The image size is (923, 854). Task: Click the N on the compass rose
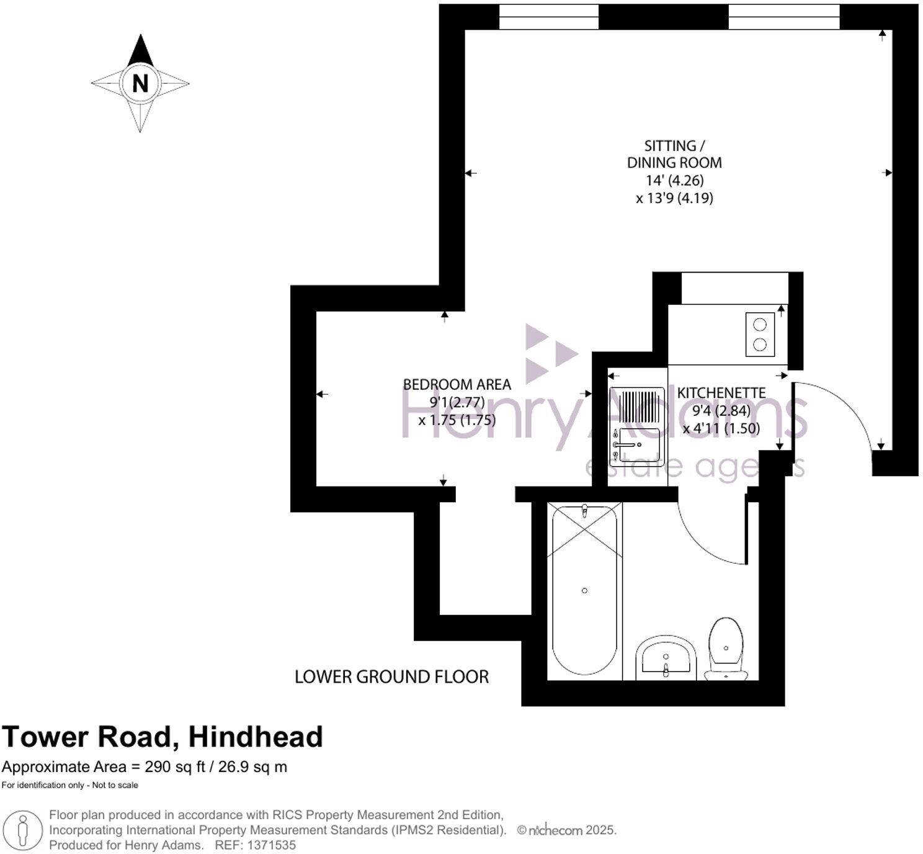click(x=140, y=83)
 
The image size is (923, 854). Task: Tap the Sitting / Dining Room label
click(x=674, y=154)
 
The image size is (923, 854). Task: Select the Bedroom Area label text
click(x=457, y=384)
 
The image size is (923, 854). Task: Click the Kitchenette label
click(x=721, y=393)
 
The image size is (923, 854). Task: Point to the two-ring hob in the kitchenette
click(x=760, y=335)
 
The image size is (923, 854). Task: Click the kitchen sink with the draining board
click(x=636, y=426)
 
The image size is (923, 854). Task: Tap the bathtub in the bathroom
click(x=585, y=590)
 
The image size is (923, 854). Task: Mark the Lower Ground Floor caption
click(x=391, y=676)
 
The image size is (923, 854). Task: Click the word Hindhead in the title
click(x=255, y=737)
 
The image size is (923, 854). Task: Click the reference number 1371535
click(x=272, y=845)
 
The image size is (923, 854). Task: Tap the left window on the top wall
click(x=549, y=17)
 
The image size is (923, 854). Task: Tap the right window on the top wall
click(x=784, y=17)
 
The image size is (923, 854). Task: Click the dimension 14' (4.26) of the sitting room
click(x=675, y=181)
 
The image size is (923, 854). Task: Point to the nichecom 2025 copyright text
click(x=567, y=830)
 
